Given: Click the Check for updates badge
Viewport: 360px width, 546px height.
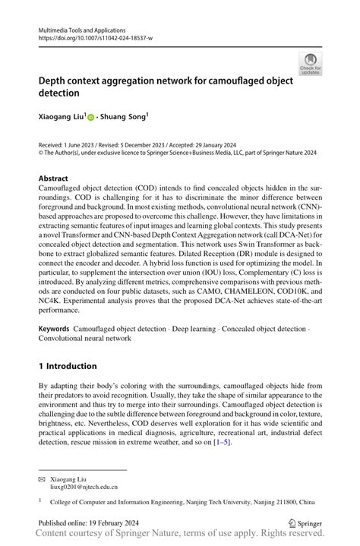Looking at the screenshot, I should click(311, 63).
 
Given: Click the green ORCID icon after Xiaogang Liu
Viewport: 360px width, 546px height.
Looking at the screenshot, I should click(90, 118).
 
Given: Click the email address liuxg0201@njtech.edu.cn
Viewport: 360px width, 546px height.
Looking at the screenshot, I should click(86, 490).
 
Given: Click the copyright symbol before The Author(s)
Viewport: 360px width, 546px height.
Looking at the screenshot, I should click(41, 152).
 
